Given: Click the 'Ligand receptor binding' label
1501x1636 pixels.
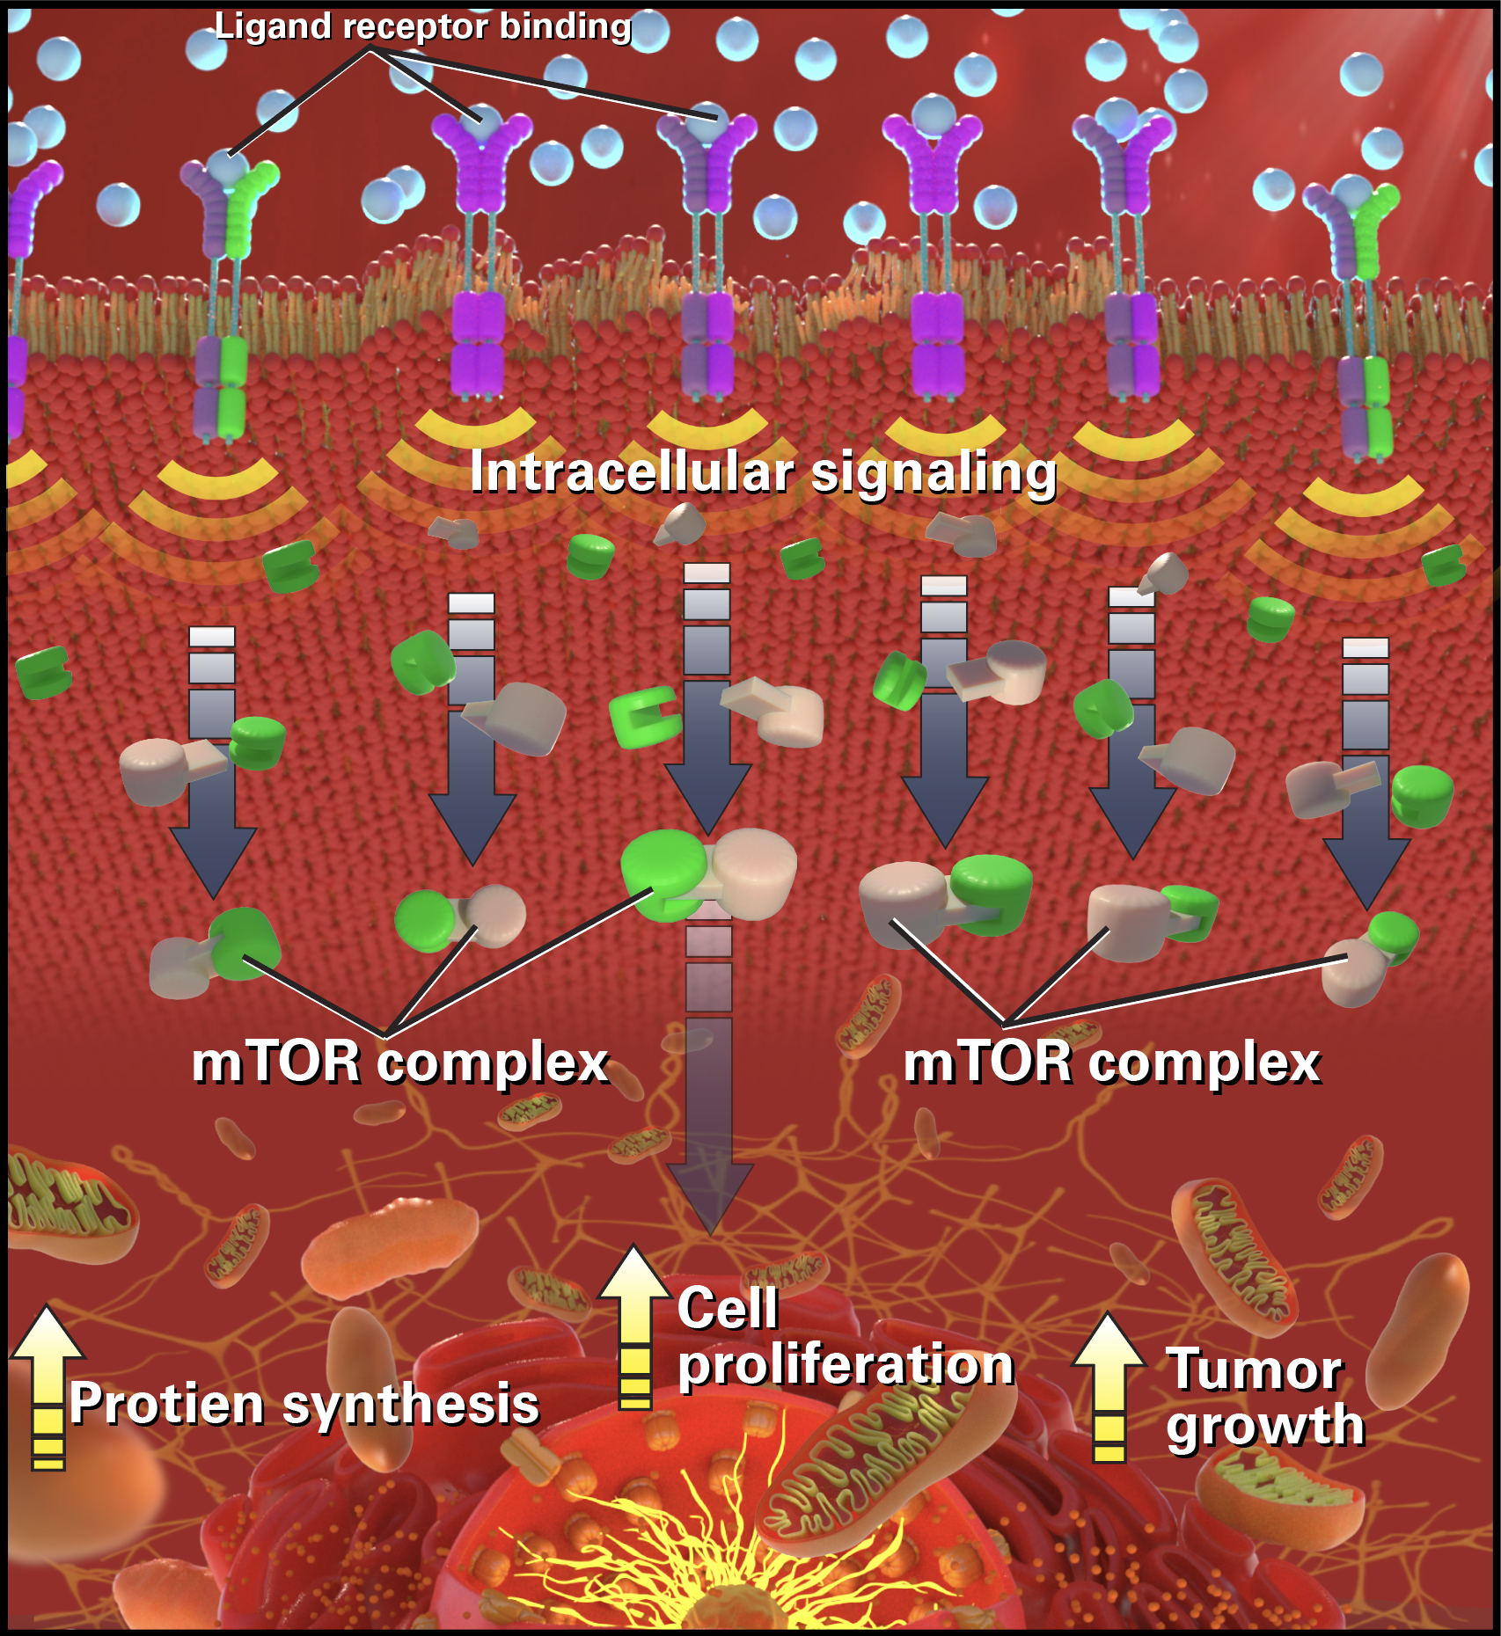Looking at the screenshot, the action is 423,27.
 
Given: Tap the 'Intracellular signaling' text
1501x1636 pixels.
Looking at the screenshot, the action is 763,473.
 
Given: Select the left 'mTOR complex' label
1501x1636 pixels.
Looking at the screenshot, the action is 400,1063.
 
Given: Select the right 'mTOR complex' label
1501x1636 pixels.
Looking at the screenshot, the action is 1112,1063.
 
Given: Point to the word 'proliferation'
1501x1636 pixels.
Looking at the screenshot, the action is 846,1367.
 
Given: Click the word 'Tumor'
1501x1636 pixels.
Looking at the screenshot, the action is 1255,1369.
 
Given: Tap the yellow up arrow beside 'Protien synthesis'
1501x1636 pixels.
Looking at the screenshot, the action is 48,1386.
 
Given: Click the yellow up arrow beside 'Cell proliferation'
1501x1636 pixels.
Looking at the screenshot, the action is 634,1327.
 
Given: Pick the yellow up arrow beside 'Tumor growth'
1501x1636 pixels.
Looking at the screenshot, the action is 1109,1387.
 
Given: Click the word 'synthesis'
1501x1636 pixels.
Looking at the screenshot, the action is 410,1405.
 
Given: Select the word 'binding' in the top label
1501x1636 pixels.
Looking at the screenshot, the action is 566,27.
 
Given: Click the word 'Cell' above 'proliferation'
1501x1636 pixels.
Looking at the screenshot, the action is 728,1308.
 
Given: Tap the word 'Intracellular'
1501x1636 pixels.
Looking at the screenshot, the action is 632,471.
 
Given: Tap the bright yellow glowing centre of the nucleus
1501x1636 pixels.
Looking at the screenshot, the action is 704,1574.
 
